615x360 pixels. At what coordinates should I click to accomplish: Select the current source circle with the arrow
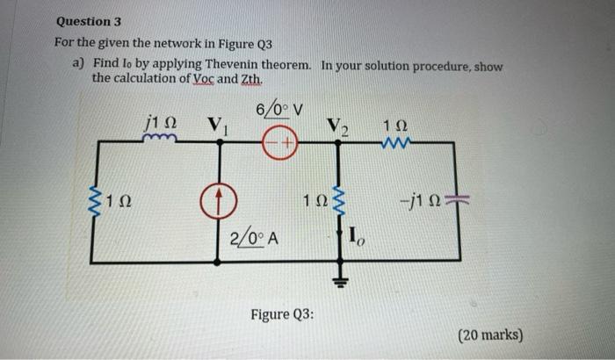pyautogui.click(x=216, y=203)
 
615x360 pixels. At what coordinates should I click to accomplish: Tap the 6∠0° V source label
pyautogui.click(x=279, y=111)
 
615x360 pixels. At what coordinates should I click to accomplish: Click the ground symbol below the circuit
pyautogui.click(x=337, y=281)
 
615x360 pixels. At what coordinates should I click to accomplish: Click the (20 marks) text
pyautogui.click(x=488, y=335)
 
